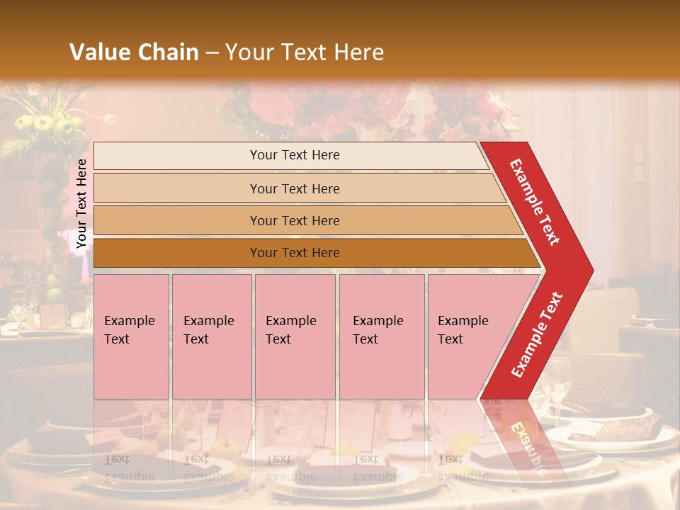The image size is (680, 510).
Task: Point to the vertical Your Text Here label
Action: click(81, 203)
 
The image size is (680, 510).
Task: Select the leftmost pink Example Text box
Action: click(131, 336)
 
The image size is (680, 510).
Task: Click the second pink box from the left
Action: click(212, 336)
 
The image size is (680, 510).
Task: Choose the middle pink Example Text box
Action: click(295, 336)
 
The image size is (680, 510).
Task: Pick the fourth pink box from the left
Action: click(382, 336)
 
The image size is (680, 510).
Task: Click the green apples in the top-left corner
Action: click(53, 125)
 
